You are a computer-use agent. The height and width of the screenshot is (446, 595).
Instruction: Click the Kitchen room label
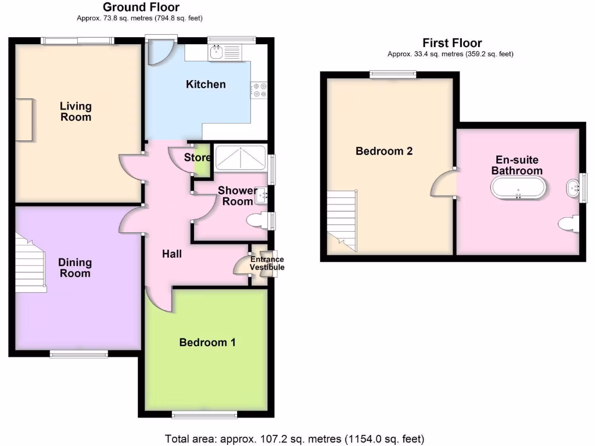pos(206,84)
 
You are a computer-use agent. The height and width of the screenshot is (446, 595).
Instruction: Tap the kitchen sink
pos(217,53)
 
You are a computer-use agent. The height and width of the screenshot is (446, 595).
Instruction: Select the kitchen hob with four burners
pos(259,90)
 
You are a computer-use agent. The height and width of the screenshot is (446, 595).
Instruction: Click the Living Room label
pos(76,111)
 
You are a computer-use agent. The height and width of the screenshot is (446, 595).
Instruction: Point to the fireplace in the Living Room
pos(24,120)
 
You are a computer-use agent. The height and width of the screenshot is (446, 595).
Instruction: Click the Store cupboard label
pos(197,157)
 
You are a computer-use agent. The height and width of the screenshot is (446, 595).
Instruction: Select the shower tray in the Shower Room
pos(240,157)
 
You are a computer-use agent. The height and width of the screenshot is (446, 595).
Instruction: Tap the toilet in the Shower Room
pos(258,221)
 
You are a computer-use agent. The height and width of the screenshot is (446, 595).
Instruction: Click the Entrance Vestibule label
pos(267,264)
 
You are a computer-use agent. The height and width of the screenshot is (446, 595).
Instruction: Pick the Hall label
pos(171,254)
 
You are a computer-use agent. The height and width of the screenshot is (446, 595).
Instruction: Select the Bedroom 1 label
pos(207,342)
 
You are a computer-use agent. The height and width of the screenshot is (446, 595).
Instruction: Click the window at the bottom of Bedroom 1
pos(205,414)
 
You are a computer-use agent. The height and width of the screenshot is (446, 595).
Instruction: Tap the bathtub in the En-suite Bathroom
pos(518,188)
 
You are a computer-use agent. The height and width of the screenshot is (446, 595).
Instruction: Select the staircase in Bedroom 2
pos(342,221)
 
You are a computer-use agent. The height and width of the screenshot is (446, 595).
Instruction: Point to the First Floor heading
pos(451,43)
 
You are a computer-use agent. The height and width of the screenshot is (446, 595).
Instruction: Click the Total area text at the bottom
pos(295,438)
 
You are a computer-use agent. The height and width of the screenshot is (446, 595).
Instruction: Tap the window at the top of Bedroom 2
pos(393,74)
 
